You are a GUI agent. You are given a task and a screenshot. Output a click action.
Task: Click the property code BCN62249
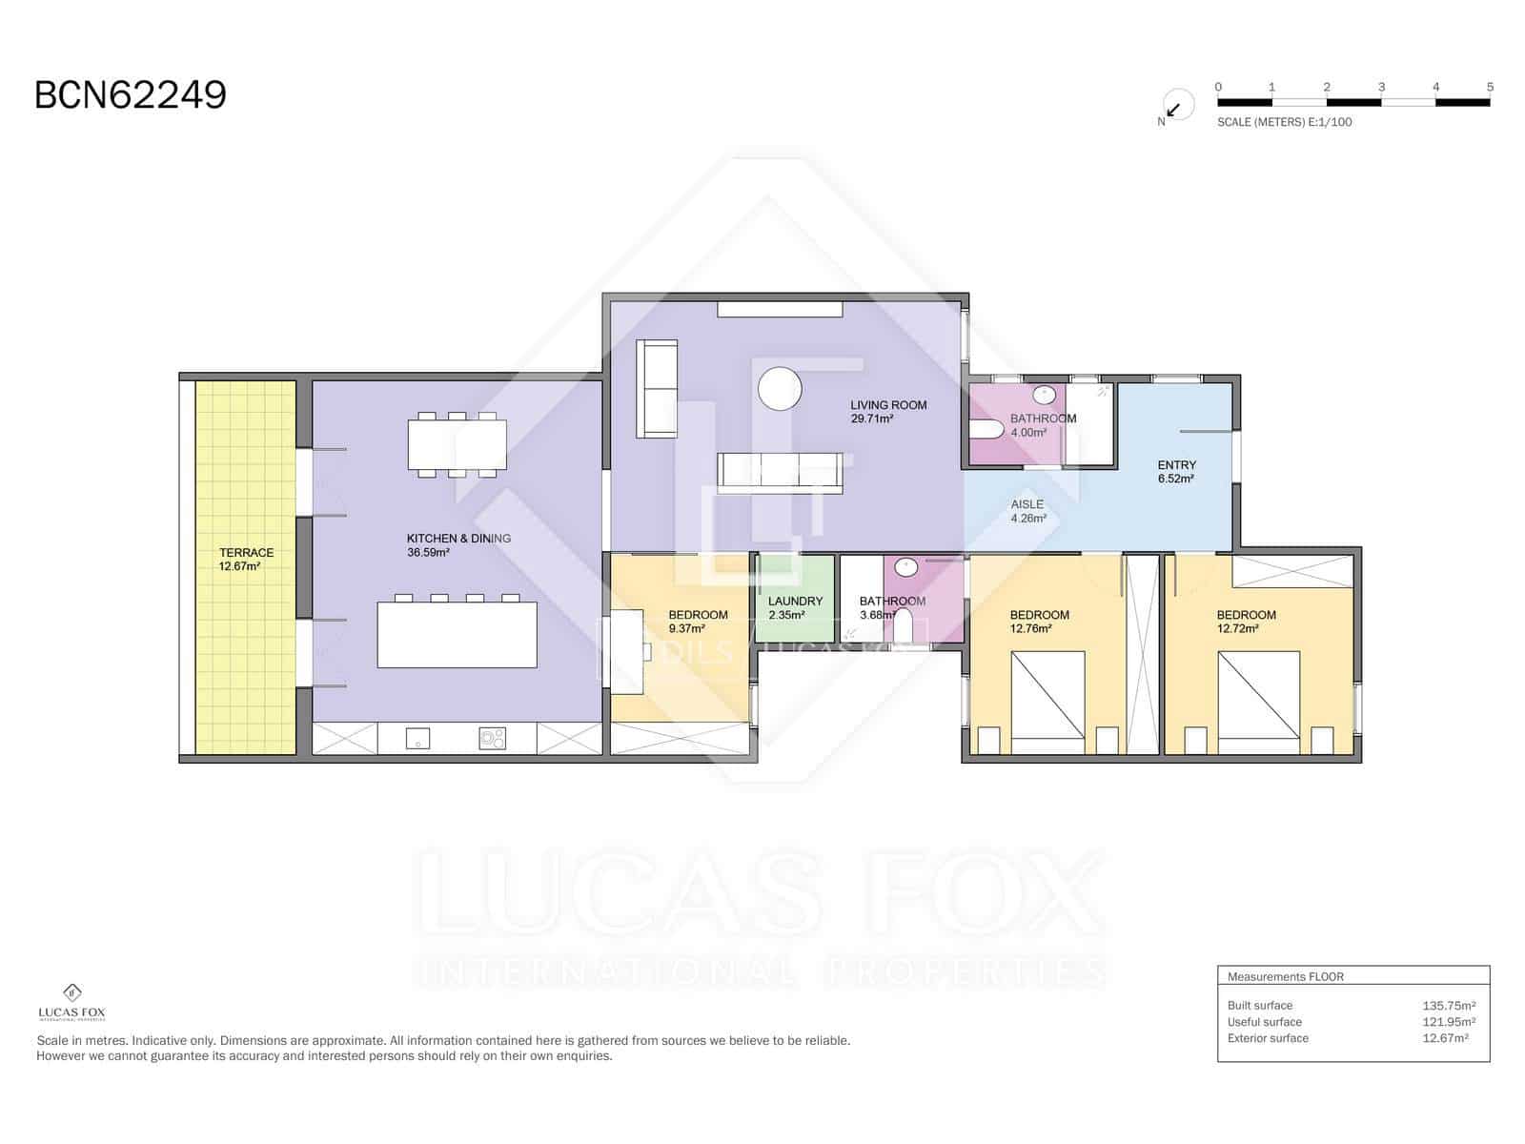coord(131,95)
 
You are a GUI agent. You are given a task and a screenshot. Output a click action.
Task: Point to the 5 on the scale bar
coord(1490,87)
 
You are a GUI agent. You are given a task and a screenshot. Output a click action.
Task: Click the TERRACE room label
coord(246,553)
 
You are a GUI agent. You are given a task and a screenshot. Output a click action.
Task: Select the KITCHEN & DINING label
coord(458,539)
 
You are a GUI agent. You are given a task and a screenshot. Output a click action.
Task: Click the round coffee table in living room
coord(779,388)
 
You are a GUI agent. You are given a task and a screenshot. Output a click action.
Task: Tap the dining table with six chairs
coord(457,445)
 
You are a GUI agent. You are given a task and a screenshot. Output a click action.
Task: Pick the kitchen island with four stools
coord(457,634)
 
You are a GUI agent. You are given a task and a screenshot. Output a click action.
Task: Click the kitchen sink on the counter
coord(417,738)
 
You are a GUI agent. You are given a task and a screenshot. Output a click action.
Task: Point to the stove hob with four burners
coord(492,738)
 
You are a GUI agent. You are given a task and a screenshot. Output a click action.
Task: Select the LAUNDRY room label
coord(795,602)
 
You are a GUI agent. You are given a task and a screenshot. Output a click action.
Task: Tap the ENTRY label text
coord(1176,465)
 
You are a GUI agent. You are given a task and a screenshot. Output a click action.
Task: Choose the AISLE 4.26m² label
coord(1027,511)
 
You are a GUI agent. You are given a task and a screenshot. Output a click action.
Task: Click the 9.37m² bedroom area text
coord(686,629)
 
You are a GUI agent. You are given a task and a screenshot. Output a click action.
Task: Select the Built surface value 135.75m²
coord(1448,1005)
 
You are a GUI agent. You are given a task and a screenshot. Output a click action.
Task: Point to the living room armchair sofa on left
coord(657,389)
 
